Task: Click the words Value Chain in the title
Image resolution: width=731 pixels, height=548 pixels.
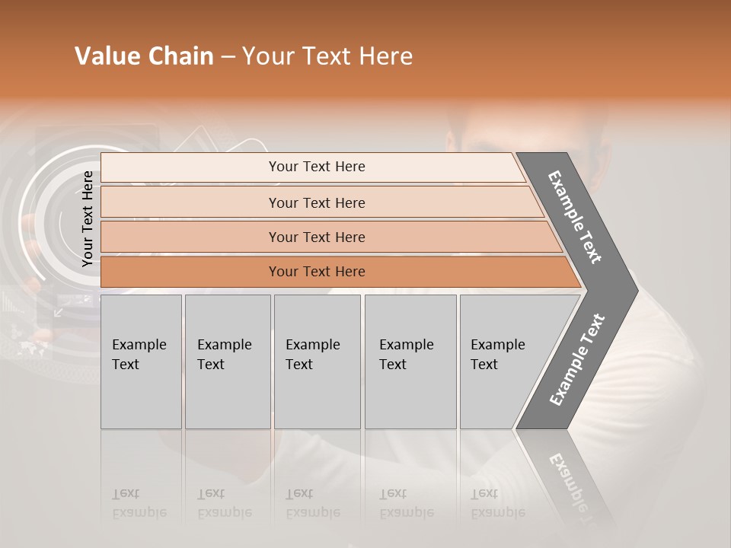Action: point(144,56)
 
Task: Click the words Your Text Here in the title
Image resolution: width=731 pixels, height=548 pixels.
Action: point(327,56)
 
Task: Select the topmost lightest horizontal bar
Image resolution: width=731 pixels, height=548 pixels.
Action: point(316,167)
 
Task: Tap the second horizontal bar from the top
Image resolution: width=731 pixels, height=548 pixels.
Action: point(316,202)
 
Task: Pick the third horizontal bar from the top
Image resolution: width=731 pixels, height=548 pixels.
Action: point(316,237)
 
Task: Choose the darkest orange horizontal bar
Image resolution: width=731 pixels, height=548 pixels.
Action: point(316,272)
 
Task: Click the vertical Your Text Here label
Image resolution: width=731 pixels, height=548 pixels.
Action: point(88,218)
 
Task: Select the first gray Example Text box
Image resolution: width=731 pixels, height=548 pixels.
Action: point(141,362)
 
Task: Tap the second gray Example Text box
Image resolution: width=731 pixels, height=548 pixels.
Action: point(227,362)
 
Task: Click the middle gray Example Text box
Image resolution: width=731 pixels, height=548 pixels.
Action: point(317,362)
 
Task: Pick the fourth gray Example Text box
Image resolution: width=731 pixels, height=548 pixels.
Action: point(410,362)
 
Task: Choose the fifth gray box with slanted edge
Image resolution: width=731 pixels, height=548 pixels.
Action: point(503,362)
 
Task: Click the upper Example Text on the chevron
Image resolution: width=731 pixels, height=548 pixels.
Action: point(576,217)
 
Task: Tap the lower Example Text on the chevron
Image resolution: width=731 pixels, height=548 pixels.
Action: point(577,359)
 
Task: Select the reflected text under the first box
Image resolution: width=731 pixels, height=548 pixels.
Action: point(139,503)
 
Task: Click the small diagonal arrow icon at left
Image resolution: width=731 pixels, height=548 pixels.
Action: point(59,312)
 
